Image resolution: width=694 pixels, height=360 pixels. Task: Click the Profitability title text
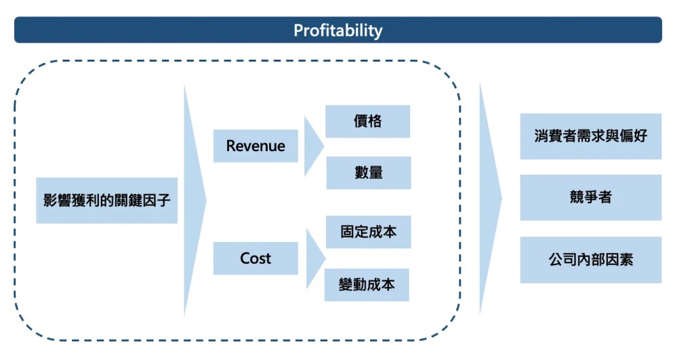[x=338, y=31]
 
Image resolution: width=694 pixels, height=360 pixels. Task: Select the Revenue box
[x=256, y=146]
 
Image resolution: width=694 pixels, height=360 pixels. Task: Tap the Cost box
[x=256, y=258]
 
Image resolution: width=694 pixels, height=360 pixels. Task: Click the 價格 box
[x=367, y=121]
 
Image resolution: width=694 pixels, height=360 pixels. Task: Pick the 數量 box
[x=368, y=173]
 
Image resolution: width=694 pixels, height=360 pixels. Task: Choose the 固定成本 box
[x=368, y=232]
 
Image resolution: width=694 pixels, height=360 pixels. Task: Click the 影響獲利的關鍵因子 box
[x=106, y=200]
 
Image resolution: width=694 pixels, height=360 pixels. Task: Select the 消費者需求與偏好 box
[x=590, y=136]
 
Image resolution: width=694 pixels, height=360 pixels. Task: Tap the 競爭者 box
[x=590, y=197]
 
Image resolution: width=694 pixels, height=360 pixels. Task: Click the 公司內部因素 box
[x=590, y=260]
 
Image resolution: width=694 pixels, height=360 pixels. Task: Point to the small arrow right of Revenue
[x=312, y=146]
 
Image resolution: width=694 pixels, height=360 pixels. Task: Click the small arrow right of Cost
[x=314, y=259]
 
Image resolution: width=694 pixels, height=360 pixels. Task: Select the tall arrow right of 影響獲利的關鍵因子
[x=194, y=200]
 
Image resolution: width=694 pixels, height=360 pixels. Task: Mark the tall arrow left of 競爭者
[x=489, y=198]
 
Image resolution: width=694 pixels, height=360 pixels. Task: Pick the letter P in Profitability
[x=298, y=31]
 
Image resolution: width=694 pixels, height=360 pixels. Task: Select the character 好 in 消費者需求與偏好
[x=640, y=136]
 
